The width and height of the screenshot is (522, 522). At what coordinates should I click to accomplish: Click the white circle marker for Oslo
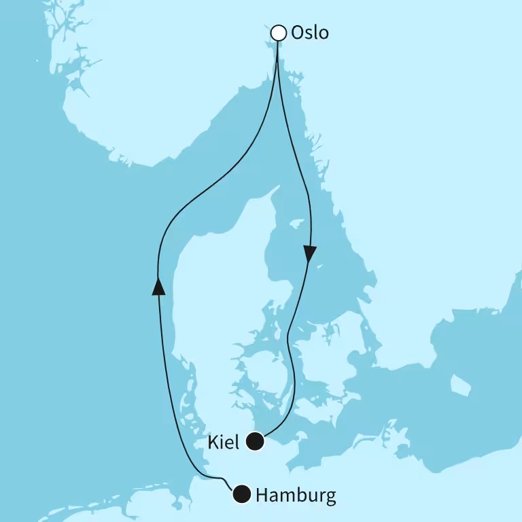(x=278, y=33)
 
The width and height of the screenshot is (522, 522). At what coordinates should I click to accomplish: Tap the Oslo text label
(x=309, y=33)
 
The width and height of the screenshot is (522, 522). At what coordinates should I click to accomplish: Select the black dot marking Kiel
(x=254, y=442)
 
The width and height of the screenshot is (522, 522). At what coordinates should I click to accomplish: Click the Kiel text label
(x=225, y=443)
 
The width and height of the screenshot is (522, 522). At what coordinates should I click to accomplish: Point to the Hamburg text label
(x=296, y=496)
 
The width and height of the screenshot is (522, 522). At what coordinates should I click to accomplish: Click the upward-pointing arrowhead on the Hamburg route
(x=158, y=288)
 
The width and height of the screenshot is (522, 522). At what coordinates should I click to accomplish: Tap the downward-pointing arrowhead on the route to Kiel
(x=309, y=254)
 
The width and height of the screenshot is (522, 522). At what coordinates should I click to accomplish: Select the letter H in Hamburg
(x=262, y=495)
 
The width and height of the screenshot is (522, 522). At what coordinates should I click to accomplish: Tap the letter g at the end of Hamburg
(x=330, y=498)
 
